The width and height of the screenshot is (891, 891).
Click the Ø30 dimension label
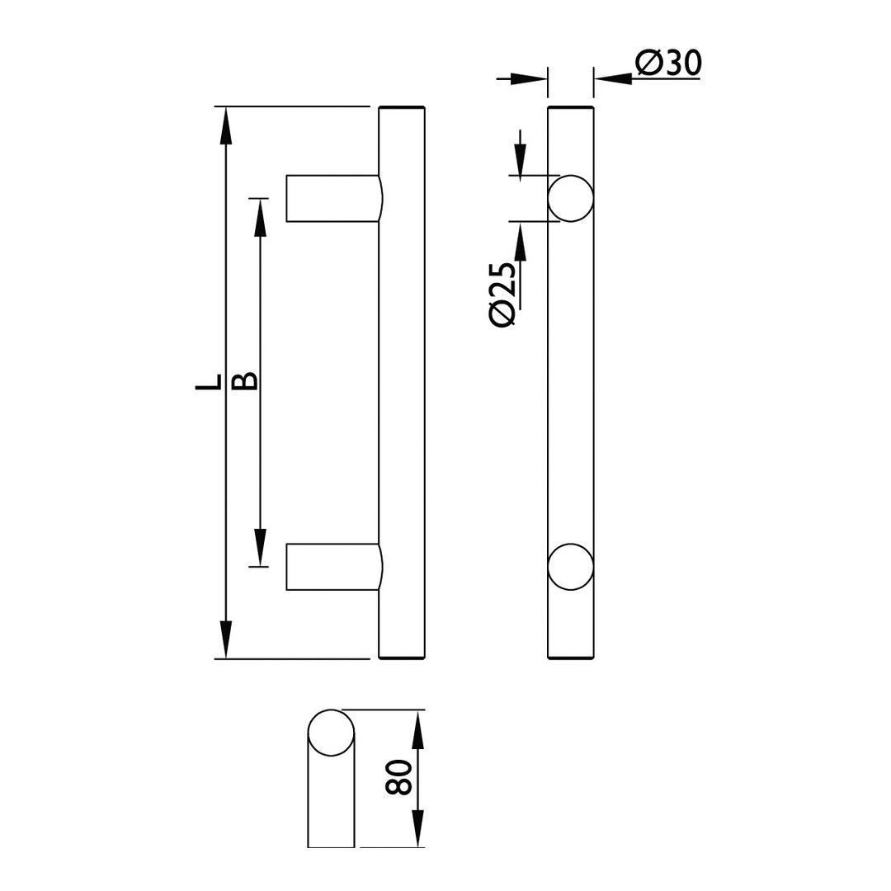(x=668, y=63)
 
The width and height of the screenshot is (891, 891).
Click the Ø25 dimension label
(x=502, y=294)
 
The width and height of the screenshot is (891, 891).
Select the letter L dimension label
(x=208, y=383)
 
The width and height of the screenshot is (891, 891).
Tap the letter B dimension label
(x=246, y=382)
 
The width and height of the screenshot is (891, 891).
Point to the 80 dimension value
(x=398, y=777)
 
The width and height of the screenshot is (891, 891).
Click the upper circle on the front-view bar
(x=571, y=198)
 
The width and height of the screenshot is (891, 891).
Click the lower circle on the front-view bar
(x=571, y=567)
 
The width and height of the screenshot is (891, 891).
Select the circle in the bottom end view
(x=331, y=733)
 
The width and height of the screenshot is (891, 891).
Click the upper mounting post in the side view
(x=334, y=198)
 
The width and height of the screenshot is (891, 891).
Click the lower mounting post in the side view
(x=334, y=567)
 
